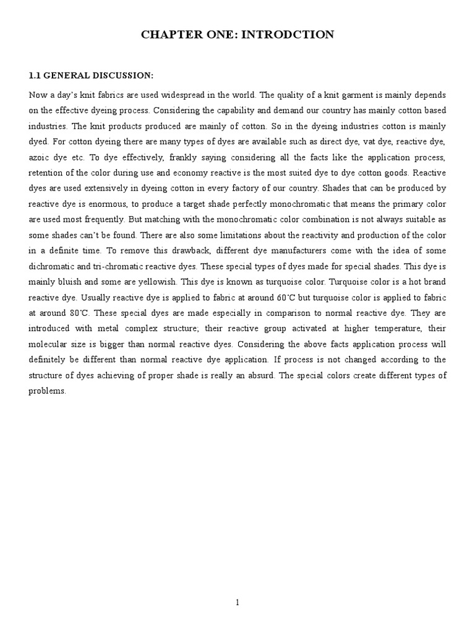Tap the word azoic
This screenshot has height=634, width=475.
(40, 157)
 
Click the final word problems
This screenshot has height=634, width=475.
(47, 391)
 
